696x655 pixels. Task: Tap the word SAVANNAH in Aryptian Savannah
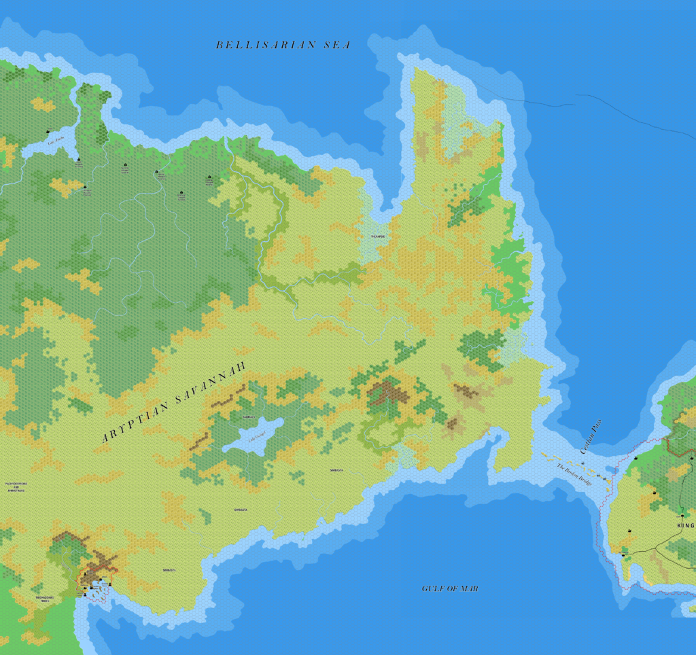(x=202, y=391)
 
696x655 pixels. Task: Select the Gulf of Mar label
(x=450, y=588)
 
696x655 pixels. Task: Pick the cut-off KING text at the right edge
(x=686, y=526)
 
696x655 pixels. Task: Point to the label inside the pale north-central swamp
(x=379, y=236)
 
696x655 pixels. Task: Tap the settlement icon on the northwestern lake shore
(x=48, y=131)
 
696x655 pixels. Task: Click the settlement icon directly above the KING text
(x=682, y=516)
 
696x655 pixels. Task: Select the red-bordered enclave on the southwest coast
(x=97, y=578)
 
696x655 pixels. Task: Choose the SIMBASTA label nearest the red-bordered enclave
(x=169, y=570)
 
